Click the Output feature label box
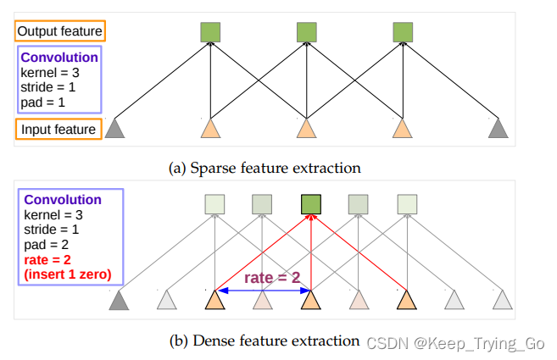[x=59, y=32]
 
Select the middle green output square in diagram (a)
[x=307, y=32]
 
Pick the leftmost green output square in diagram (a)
[x=211, y=32]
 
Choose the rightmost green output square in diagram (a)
[x=403, y=32]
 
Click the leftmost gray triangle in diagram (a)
[x=115, y=130]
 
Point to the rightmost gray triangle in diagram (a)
[x=499, y=130]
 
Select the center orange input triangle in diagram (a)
[x=307, y=130]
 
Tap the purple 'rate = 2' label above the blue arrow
[x=273, y=277]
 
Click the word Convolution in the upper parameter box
[x=59, y=58]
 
